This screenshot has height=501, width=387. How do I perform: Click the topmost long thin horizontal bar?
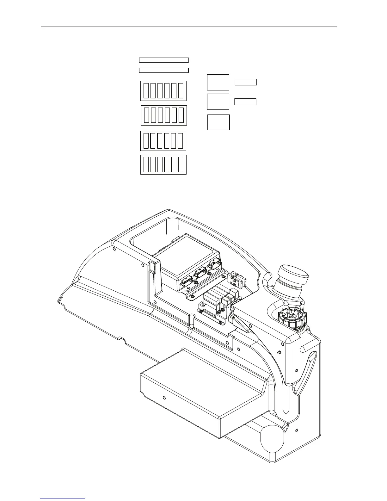coord(164,60)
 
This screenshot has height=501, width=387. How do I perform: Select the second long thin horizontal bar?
coord(164,70)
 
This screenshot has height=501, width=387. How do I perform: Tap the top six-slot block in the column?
coord(163,91)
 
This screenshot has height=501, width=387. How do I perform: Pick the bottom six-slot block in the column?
coord(163,164)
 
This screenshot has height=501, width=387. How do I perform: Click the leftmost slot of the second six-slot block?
coord(146,115)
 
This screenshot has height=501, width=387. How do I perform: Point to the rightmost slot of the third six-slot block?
coord(180,141)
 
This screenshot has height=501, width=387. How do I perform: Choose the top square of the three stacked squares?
coord(218,82)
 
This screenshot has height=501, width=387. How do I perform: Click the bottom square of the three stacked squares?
coord(218,122)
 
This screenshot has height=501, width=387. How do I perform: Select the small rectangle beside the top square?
coord(246,82)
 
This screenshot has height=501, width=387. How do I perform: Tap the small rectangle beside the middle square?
coord(245,102)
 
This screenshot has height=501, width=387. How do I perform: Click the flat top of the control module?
coord(187,253)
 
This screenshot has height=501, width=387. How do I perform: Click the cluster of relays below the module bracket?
coord(218,300)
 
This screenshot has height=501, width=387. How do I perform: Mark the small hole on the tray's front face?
coord(164,398)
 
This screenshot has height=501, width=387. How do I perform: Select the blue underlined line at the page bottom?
coord(63,498)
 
